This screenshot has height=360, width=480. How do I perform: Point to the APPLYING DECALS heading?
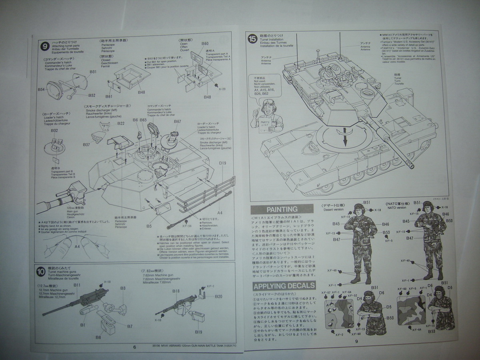[x=284, y=286]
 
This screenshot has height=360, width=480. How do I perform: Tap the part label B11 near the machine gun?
[x=77, y=285]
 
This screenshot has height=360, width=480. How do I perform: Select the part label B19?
[x=199, y=332]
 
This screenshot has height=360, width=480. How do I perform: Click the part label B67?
[x=177, y=121]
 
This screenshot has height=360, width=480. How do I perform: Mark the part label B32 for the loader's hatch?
[x=55, y=130]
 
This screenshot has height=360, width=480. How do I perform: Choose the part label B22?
[x=121, y=124]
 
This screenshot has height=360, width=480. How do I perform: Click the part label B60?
[x=205, y=44]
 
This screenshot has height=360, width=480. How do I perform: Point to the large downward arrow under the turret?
[x=343, y=141]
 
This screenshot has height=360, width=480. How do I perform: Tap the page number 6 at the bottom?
[x=134, y=346]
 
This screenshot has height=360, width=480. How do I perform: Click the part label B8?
[x=98, y=337]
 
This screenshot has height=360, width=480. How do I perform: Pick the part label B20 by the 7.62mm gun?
[x=218, y=296]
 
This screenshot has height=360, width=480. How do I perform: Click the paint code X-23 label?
[x=223, y=89]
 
